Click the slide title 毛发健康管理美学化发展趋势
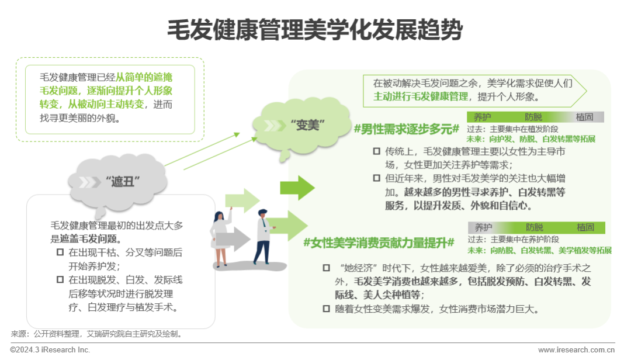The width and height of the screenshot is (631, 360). (x=315, y=29)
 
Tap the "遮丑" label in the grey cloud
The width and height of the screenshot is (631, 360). (x=123, y=182)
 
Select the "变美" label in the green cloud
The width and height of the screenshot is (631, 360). (x=307, y=125)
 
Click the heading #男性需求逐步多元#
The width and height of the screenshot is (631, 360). (x=406, y=129)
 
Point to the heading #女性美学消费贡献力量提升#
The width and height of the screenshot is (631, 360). (x=379, y=243)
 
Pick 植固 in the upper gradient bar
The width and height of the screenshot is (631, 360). (x=584, y=117)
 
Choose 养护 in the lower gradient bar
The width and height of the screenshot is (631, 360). (x=483, y=227)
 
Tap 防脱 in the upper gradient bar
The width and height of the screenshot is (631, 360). (x=533, y=117)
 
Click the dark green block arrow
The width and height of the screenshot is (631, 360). (x=297, y=188)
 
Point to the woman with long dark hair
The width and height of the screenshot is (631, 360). (x=221, y=238)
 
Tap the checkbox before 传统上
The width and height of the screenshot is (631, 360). (x=377, y=151)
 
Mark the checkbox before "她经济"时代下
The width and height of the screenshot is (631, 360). (x=327, y=268)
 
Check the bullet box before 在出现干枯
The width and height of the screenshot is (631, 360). (x=60, y=252)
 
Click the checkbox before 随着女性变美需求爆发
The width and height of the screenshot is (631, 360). (x=327, y=309)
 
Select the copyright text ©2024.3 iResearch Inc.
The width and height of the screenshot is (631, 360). (x=50, y=349)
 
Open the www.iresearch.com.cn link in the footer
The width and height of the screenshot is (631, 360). (x=577, y=349)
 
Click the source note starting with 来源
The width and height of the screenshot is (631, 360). (x=97, y=334)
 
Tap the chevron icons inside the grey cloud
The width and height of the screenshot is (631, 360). (x=89, y=182)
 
